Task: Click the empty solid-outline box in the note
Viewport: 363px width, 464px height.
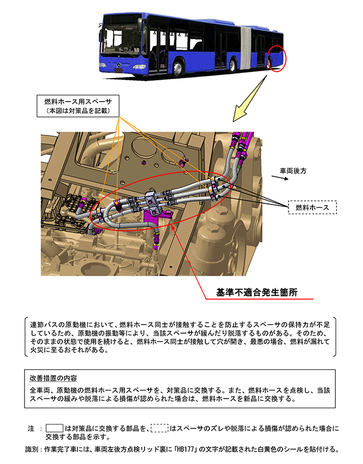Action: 54,428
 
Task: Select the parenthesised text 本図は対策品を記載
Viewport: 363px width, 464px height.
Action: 78,110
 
